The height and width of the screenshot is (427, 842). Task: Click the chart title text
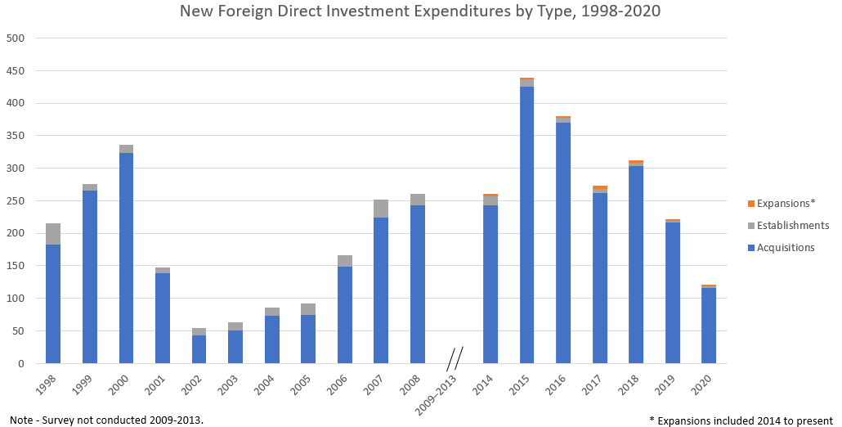point(420,11)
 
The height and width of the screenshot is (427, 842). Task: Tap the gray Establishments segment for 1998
point(53,234)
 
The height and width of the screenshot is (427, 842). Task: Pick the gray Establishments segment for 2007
point(381,209)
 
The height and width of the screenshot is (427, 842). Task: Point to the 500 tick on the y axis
point(16,38)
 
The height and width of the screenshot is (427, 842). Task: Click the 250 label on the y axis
point(16,201)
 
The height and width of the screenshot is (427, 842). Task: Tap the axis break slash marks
point(455,358)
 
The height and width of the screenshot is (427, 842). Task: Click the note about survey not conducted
point(106,420)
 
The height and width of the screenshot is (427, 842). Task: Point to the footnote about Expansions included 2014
point(741,420)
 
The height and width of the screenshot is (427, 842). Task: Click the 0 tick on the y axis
point(21,364)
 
